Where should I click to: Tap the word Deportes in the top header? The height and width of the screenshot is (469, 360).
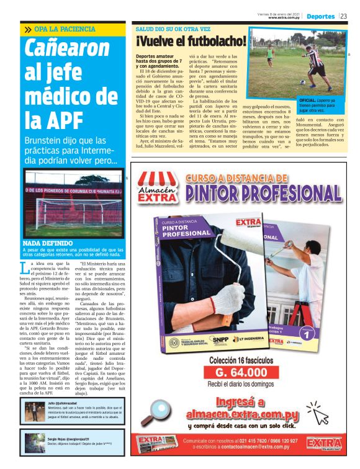(320, 16)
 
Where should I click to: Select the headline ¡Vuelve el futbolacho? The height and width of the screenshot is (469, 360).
(191, 42)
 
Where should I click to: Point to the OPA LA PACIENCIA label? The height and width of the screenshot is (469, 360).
(61, 29)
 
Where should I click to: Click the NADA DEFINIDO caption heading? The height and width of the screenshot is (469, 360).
(48, 243)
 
